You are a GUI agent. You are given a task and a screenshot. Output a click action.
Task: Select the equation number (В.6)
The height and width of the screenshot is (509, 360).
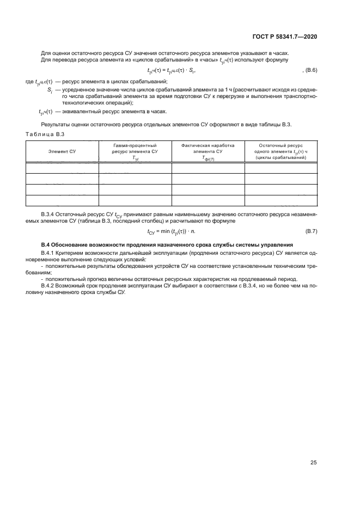coord(309,71)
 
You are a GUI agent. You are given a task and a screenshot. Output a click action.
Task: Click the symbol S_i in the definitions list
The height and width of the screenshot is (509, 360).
coord(50,89)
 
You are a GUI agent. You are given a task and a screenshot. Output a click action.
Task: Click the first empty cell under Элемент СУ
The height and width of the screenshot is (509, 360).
coord(62,168)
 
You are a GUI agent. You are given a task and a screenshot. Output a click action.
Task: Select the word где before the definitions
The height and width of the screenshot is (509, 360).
coord(29,81)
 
